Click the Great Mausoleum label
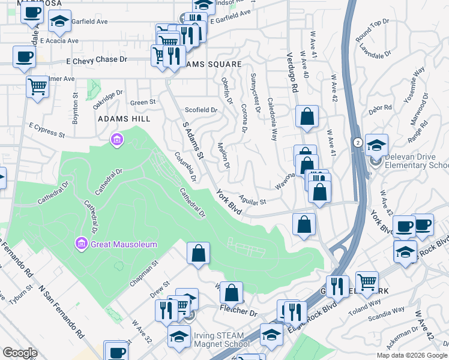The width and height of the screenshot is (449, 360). [124, 244]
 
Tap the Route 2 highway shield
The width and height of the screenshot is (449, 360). [357, 142]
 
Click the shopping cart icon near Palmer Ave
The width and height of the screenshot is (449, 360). [37, 86]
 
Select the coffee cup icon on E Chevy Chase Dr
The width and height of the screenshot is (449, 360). [24, 57]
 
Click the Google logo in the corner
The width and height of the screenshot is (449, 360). [20, 352]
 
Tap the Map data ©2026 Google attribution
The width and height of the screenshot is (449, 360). [412, 355]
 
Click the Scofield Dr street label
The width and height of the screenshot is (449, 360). [200, 110]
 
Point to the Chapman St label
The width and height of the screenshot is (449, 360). [142, 272]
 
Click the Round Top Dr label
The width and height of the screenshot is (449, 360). [372, 31]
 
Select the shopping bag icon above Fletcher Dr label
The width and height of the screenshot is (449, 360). [231, 293]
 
